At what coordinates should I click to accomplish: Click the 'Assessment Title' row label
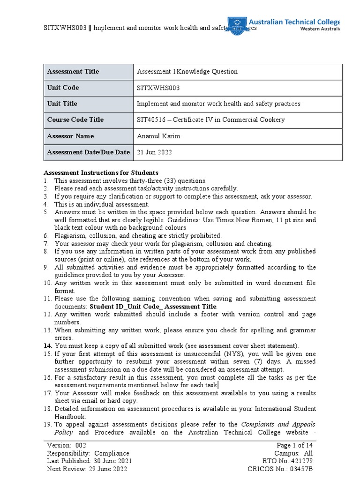[73, 72]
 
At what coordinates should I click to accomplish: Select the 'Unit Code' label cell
[63, 88]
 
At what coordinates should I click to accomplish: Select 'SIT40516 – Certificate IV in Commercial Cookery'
[210, 120]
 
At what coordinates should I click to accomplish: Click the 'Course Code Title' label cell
[75, 120]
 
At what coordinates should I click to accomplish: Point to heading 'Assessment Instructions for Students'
[101, 172]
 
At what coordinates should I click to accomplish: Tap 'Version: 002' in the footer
[67, 445]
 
